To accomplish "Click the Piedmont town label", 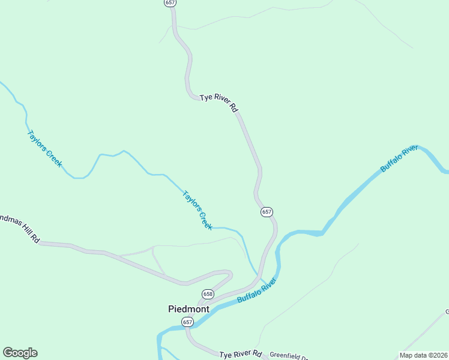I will pyautogui.click(x=188, y=309).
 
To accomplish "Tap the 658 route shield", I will pyautogui.click(x=208, y=294).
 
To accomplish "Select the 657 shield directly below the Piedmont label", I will pyautogui.click(x=188, y=322).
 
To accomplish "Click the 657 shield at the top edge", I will pyautogui.click(x=170, y=3).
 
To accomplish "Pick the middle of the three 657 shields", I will pyautogui.click(x=267, y=212).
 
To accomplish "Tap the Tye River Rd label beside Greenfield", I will pyautogui.click(x=241, y=354).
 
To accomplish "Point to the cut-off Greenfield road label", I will pyautogui.click(x=288, y=355).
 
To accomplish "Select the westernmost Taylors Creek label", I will pyautogui.click(x=44, y=148).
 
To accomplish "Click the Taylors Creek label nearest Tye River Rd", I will pyautogui.click(x=197, y=210).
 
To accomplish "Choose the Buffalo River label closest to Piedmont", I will pyautogui.click(x=256, y=290).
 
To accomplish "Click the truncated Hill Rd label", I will pyautogui.click(x=20, y=227).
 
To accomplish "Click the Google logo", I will pyautogui.click(x=20, y=353).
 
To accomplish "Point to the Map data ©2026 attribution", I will pyautogui.click(x=424, y=355).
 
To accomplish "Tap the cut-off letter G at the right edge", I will pyautogui.click(x=447, y=311).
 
